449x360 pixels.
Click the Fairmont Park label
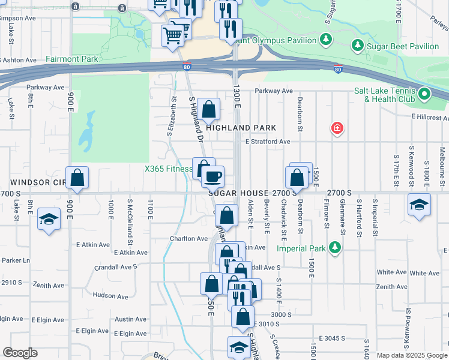point(71,59)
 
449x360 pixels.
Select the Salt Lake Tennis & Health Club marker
point(425,94)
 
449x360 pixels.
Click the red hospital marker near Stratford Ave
point(338,128)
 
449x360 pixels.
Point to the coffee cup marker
point(212,176)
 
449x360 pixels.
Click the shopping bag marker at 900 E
point(77,177)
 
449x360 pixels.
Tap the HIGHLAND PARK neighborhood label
point(241,128)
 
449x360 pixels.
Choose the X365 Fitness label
point(168,169)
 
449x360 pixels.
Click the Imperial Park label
point(301,248)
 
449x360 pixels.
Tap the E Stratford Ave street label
point(268,142)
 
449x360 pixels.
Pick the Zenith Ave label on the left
point(49,285)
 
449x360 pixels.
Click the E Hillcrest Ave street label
point(429,118)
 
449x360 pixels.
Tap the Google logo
point(20,353)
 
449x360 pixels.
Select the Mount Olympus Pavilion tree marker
point(325,40)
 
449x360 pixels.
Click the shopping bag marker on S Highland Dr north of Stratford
point(209,109)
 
